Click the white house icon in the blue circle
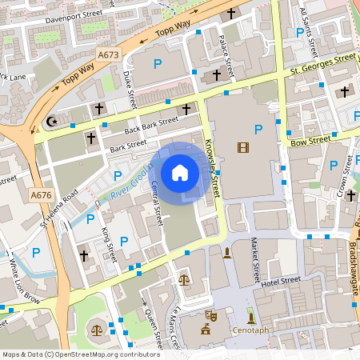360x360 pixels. [180, 173]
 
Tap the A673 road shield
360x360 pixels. [109, 54]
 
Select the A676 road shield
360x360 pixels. [40, 194]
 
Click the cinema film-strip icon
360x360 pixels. [243, 146]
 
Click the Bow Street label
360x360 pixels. [311, 141]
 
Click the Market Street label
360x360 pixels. [255, 261]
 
